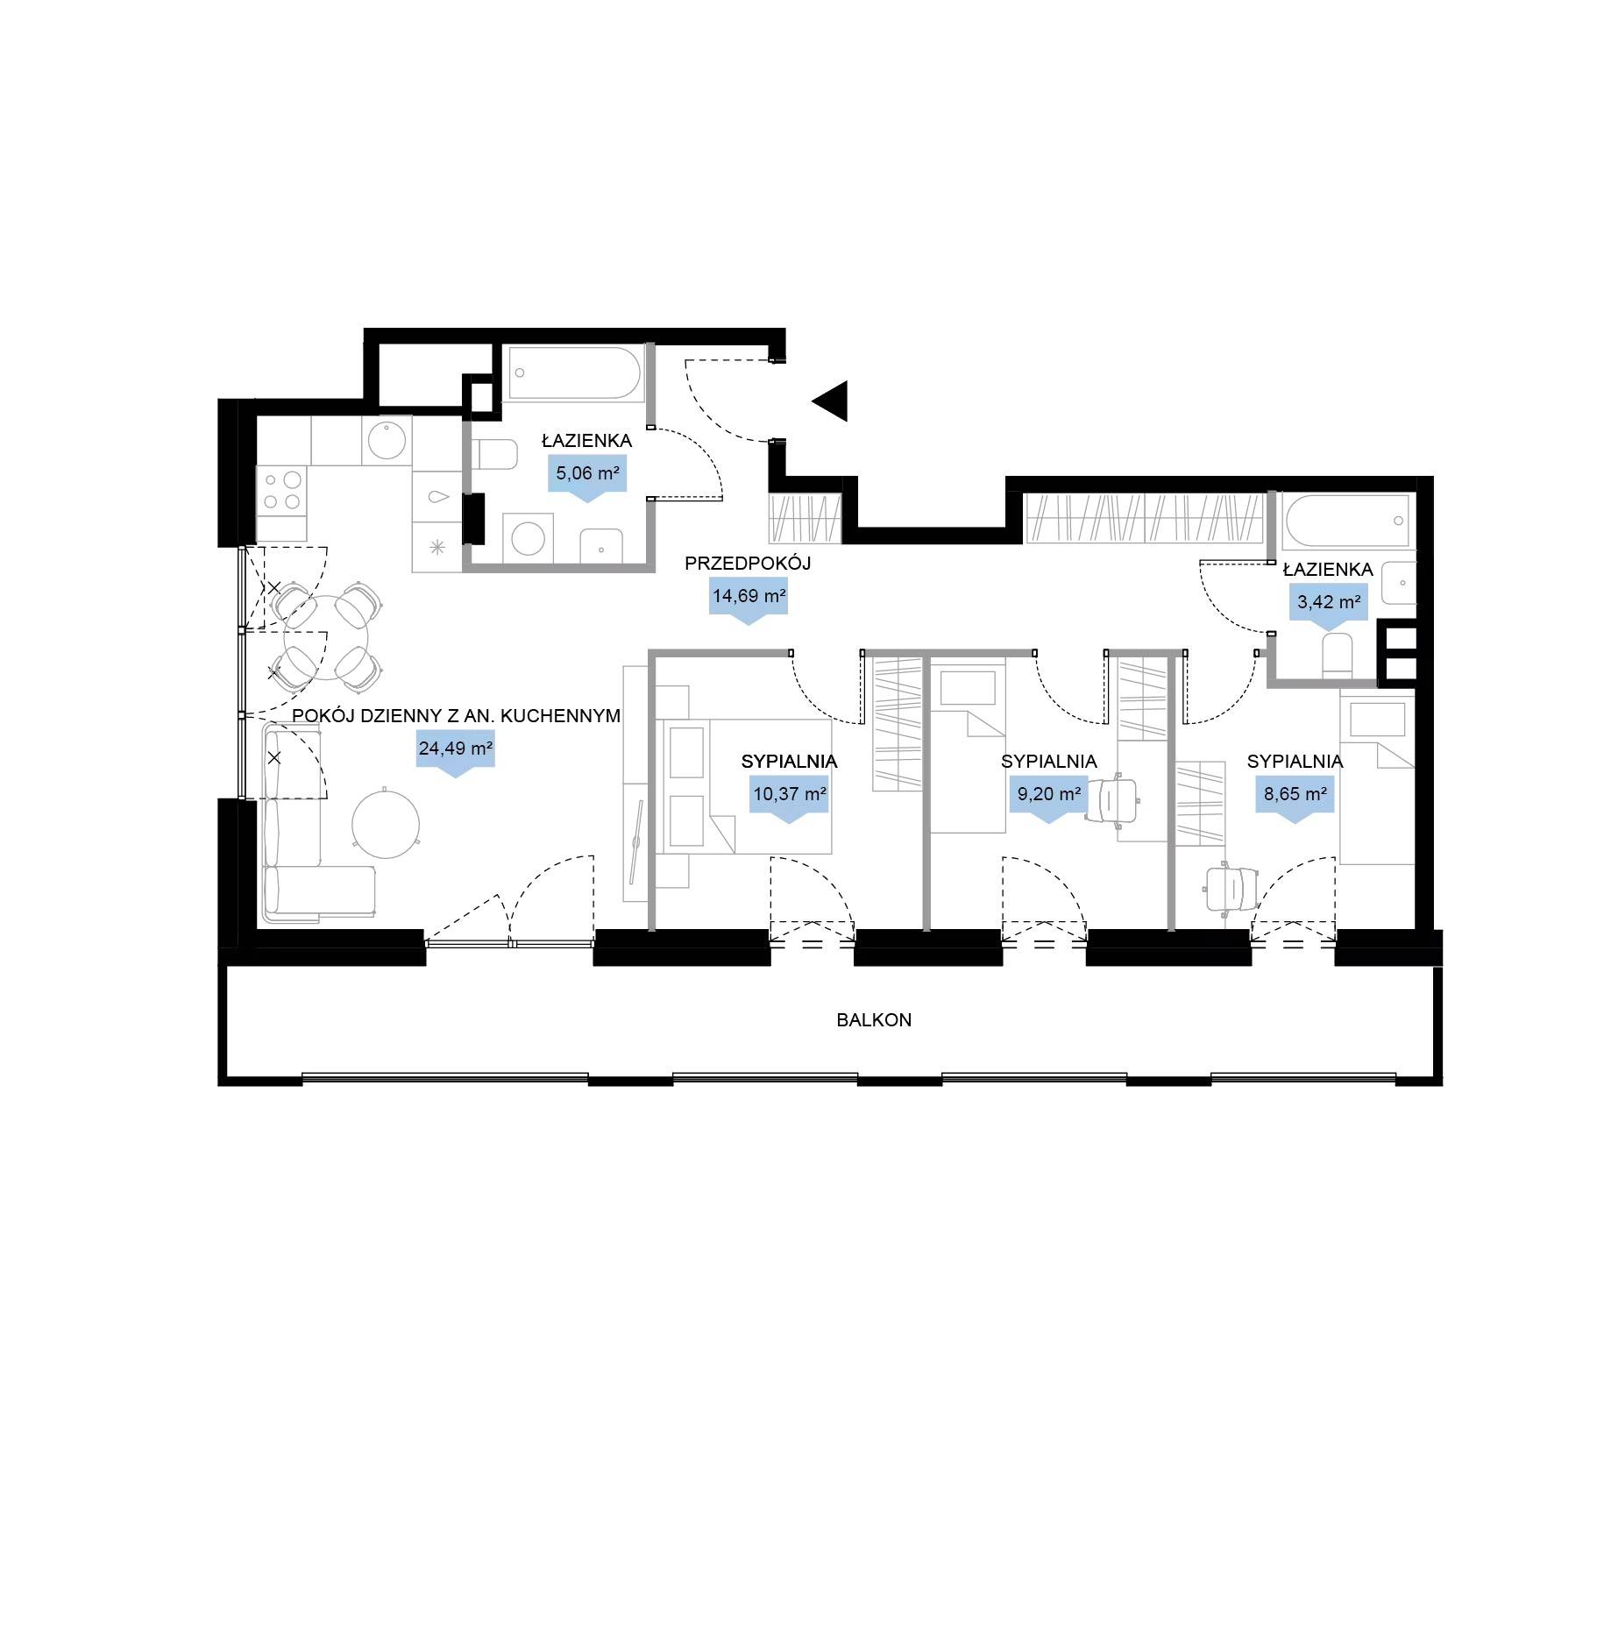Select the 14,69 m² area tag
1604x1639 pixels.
(x=749, y=600)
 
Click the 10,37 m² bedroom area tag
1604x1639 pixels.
(x=789, y=798)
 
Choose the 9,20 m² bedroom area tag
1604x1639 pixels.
(x=1048, y=798)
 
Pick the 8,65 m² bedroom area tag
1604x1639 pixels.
(x=1295, y=798)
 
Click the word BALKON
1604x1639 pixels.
(x=874, y=1019)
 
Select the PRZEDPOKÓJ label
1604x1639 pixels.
(x=748, y=563)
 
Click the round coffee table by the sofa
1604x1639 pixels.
(x=386, y=825)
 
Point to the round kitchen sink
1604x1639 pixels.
(x=387, y=440)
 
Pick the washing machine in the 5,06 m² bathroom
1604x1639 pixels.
(x=528, y=538)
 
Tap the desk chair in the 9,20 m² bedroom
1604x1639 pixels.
(x=1114, y=799)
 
